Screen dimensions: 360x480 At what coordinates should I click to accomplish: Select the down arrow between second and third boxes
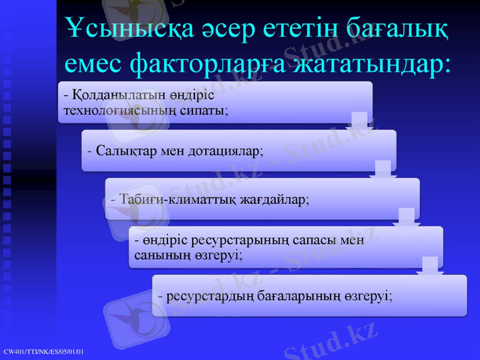[x=382, y=170]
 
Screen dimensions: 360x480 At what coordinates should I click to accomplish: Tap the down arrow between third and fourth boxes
[x=406, y=218]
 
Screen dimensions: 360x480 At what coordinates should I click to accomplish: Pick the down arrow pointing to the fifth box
[x=430, y=266]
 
